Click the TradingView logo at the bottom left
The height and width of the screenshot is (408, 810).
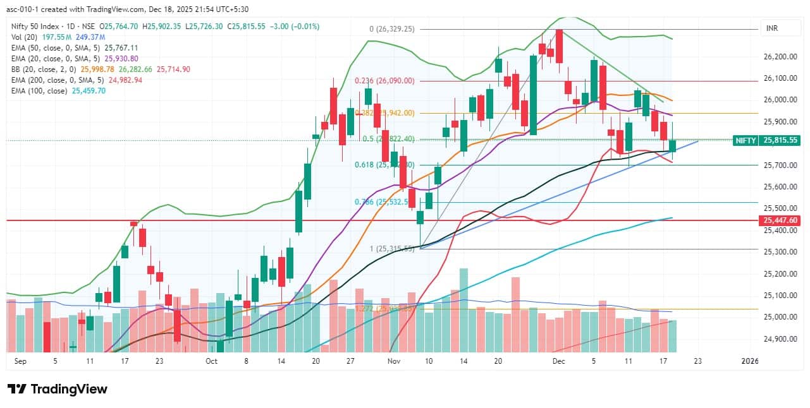pyautogui.click(x=58, y=388)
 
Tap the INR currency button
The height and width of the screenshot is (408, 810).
pyautogui.click(x=771, y=29)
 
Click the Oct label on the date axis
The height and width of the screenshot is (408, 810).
pyautogui.click(x=211, y=361)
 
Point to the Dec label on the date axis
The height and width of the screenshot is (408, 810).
pyautogui.click(x=558, y=361)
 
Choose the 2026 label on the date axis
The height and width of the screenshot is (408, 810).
pyautogui.click(x=749, y=361)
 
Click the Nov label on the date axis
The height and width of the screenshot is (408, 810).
pyautogui.click(x=394, y=361)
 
